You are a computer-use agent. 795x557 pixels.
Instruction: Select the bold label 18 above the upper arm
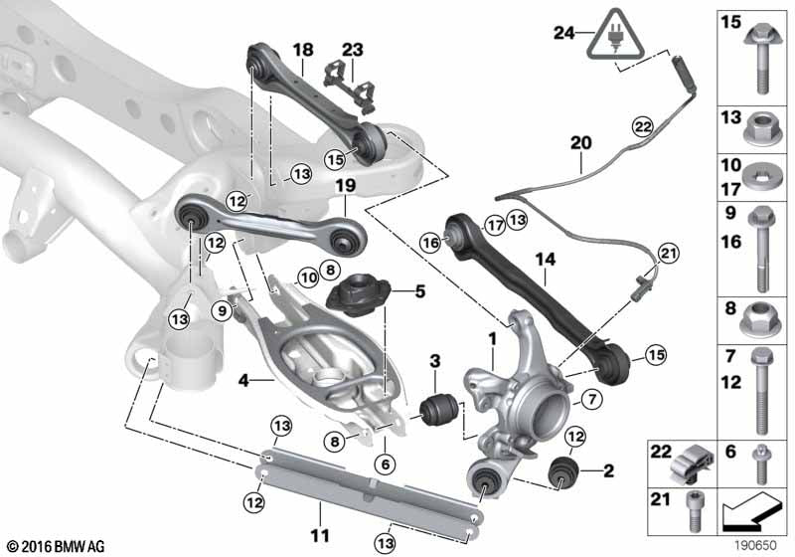[x=302, y=50]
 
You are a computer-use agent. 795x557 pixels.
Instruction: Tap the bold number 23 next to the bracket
[x=353, y=50]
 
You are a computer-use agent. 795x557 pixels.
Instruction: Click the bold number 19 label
[x=344, y=187]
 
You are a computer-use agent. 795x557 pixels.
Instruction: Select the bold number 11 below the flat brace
[x=319, y=535]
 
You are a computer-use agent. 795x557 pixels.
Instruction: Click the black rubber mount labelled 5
[x=353, y=295]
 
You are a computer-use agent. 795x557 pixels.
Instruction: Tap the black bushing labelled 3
[x=438, y=409]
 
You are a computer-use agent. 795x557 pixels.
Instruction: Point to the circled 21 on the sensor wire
[x=666, y=256]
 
